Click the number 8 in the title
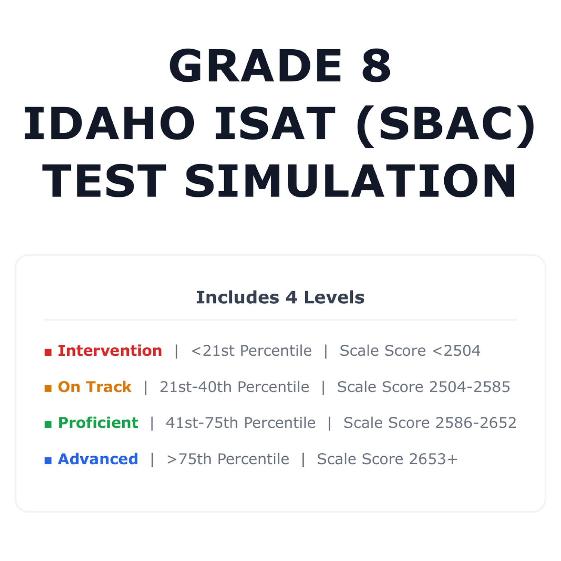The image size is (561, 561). pos(377,65)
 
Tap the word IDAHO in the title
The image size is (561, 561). pos(109,123)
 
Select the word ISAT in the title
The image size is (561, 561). pos(275,123)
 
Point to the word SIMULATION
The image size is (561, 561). pos(351,181)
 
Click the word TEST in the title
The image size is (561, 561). pos(104,181)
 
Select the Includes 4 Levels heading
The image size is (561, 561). pos(280,298)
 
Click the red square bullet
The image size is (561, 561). pos(48,352)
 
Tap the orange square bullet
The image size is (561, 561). pos(48,388)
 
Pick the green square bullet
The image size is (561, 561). pos(48,424)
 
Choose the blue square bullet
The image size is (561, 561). pos(48,460)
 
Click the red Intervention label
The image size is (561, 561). pos(110,351)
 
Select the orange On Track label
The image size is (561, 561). pos(95,387)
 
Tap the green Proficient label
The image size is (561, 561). pos(98,423)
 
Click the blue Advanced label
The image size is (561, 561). pos(98,459)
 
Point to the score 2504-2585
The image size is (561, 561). pos(470,387)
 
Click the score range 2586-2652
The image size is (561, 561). pos(476,423)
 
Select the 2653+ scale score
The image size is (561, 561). pos(433,459)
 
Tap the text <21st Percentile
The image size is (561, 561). pos(251,351)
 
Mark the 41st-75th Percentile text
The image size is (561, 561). pos(240,423)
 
